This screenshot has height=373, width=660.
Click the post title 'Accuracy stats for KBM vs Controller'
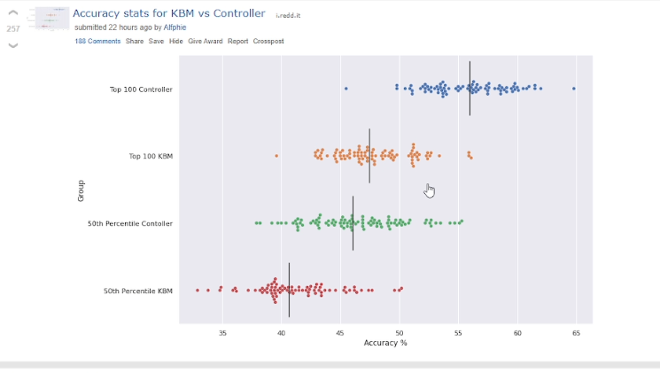(168, 14)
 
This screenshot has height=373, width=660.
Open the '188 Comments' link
(97, 41)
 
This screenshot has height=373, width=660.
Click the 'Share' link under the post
(134, 41)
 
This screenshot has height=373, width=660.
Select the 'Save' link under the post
(156, 41)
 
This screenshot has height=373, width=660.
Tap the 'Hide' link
(176, 41)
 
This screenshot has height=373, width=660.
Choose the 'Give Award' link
(206, 41)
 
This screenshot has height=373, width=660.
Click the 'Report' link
(237, 41)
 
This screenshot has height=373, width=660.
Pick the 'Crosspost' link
(268, 41)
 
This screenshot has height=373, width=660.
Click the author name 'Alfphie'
(175, 27)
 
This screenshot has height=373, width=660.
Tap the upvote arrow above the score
(13, 14)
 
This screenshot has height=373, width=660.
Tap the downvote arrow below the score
(13, 44)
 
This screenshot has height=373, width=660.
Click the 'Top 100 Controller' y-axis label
(141, 89)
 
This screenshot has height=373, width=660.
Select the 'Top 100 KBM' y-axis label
(151, 157)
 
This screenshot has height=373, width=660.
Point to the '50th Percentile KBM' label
(138, 291)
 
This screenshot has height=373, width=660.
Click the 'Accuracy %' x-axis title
(385, 343)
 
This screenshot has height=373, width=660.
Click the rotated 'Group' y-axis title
(81, 190)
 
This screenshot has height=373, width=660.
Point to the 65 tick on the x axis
(576, 333)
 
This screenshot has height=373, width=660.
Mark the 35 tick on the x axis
(222, 333)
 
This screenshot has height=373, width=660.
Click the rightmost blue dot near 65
(574, 89)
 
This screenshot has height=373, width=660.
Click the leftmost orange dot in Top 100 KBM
(276, 156)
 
